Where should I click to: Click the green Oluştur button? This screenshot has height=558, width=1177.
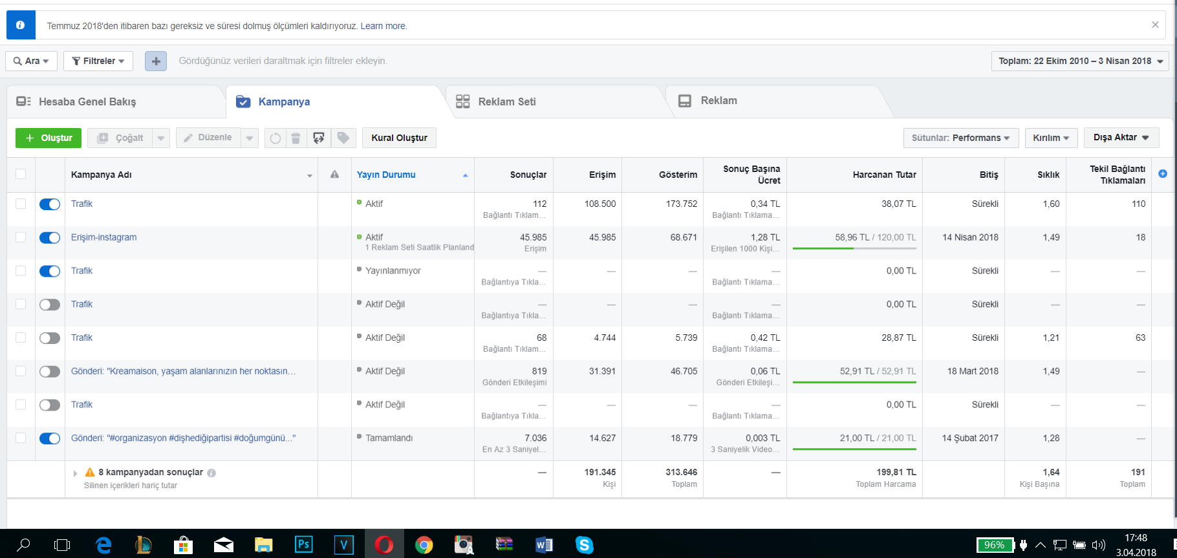(x=49, y=138)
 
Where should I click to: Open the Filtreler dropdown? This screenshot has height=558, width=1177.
(x=98, y=61)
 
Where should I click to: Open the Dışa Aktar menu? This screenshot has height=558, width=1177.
(x=1121, y=138)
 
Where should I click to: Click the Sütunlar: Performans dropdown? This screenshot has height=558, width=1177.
(x=960, y=138)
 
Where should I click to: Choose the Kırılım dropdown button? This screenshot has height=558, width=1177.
(x=1051, y=138)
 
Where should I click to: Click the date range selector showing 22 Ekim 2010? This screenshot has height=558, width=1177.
(x=1080, y=61)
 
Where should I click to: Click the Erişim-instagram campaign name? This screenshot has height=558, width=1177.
(x=103, y=237)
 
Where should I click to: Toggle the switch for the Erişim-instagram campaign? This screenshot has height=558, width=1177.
(x=50, y=238)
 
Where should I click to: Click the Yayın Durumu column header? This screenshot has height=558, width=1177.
(x=386, y=175)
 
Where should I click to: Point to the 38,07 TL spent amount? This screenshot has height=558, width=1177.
(x=899, y=204)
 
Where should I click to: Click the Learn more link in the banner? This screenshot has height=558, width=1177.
(x=383, y=26)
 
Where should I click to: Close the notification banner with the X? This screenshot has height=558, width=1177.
(x=1155, y=25)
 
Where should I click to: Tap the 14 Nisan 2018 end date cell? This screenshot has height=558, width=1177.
(x=970, y=237)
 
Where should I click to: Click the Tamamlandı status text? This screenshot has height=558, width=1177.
(x=389, y=438)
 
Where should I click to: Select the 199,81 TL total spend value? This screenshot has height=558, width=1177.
(x=896, y=472)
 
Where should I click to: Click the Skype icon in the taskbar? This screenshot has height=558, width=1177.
(x=584, y=545)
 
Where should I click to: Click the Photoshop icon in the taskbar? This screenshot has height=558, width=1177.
(x=303, y=544)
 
